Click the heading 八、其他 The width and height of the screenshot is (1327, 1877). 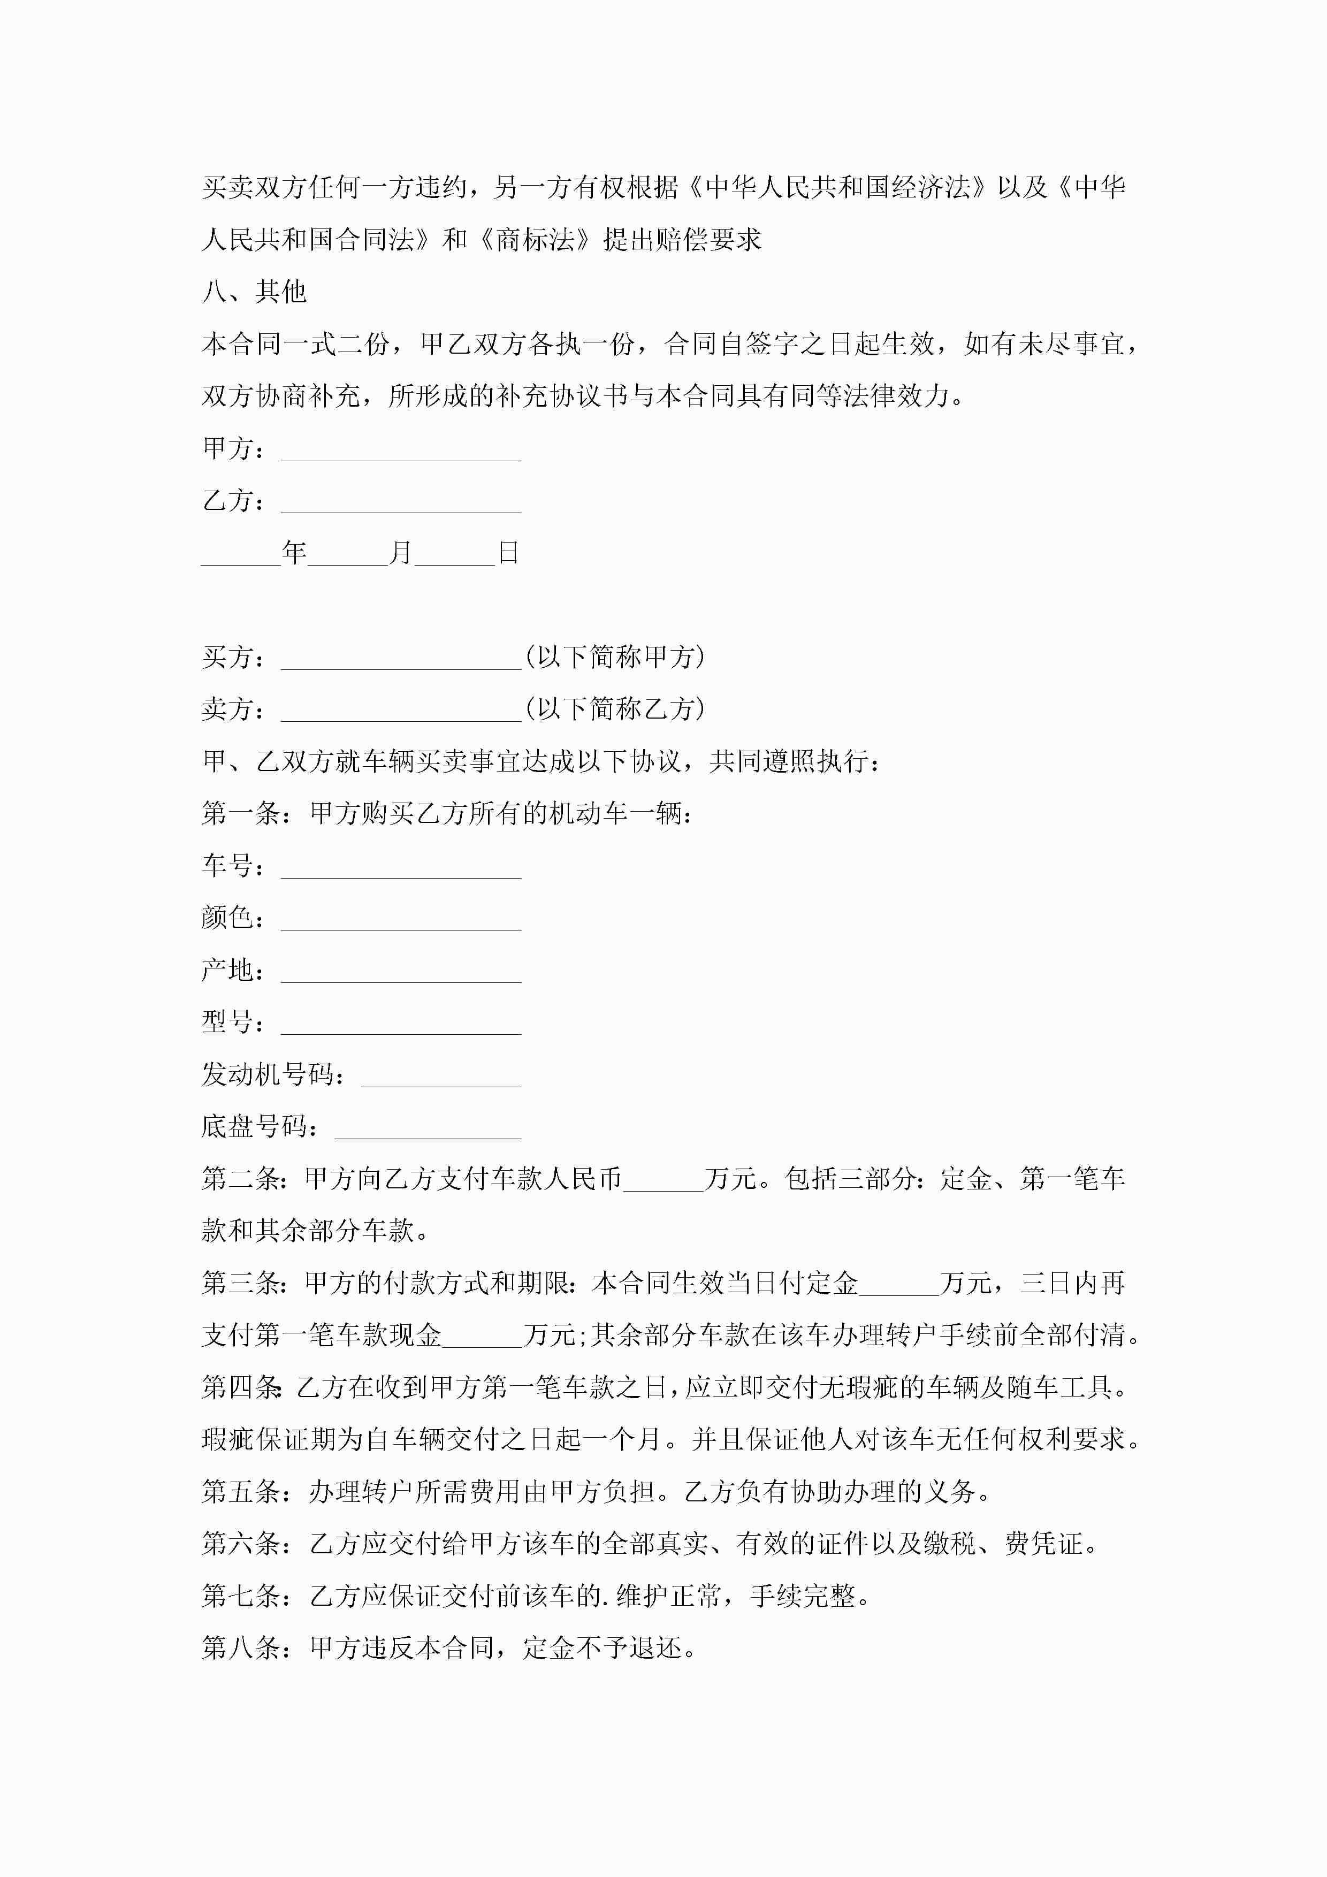(254, 292)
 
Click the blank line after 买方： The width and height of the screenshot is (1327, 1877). (401, 659)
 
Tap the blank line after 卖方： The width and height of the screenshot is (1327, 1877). (401, 711)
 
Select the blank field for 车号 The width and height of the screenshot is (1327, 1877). (401, 867)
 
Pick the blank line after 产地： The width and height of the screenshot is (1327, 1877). (401, 972)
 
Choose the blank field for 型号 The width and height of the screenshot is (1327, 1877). (401, 1024)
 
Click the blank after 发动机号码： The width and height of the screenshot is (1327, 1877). (441, 1077)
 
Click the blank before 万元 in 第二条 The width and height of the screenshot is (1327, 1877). (663, 1180)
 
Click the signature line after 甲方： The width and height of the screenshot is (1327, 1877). (401, 451)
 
